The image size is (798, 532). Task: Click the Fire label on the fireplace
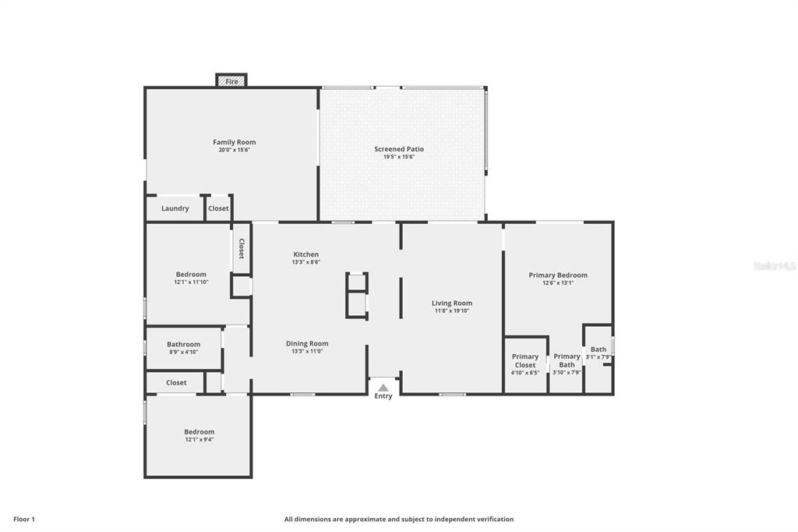coord(231,82)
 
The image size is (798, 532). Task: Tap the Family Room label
coord(234,142)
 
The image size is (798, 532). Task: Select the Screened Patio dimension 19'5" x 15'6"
coord(399,157)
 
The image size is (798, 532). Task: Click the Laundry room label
coord(175,208)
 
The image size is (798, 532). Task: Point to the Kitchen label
coord(305,254)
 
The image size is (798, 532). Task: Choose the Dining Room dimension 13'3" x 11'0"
coord(307,351)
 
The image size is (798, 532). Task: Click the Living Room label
coord(452,303)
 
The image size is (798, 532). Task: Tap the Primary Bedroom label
coord(558,275)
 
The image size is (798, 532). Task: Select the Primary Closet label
coord(525,361)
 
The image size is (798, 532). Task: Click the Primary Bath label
coord(567,360)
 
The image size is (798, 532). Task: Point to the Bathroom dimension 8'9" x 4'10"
coord(184,352)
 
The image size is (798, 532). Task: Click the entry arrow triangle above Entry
coord(383,388)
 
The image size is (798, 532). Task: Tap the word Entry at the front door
coord(383,396)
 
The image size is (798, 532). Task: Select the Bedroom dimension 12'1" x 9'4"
coord(199,439)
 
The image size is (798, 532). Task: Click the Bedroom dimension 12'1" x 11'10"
coord(192,282)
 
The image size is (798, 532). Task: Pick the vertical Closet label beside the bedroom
coord(242,249)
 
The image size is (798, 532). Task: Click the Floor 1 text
coord(24,520)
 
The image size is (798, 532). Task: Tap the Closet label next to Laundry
coord(218,208)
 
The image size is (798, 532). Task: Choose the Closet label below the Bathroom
coord(176,383)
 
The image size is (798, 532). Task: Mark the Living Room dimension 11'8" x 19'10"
coord(452,310)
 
